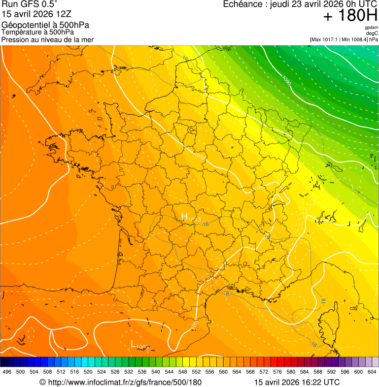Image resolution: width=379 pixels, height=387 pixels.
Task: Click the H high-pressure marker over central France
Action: click(185, 217)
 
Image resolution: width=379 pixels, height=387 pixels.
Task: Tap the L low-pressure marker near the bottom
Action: click(134, 344)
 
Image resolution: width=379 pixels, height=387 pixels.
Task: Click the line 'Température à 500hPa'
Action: click(38, 32)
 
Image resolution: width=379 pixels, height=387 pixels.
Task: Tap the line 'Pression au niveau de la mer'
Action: click(47, 39)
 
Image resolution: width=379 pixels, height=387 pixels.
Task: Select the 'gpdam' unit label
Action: click(371, 28)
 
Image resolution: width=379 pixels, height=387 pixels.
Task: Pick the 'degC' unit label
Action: click(372, 33)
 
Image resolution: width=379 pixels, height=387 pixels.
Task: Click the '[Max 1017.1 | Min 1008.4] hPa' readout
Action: click(344, 39)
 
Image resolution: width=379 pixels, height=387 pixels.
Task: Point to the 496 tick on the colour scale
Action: click(7, 372)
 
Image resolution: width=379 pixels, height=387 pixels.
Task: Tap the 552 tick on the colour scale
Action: click(196, 372)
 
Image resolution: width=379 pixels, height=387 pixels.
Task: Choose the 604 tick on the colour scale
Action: click(372, 372)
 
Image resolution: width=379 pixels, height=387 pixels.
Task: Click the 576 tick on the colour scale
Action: click(277, 372)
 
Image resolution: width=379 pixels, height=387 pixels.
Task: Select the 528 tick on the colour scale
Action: click(115, 372)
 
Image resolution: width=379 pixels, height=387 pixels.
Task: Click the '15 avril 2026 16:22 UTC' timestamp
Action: click(297, 382)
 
